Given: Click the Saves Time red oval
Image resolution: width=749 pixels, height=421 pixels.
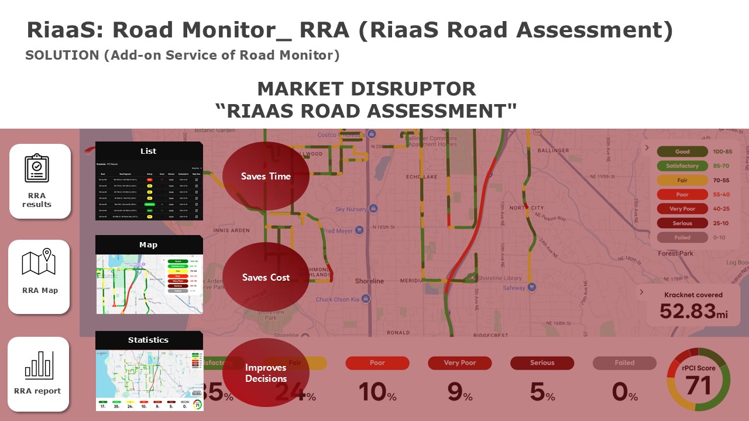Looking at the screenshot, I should pyautogui.click(x=266, y=176).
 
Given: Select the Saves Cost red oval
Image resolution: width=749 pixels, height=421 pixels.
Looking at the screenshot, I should pyautogui.click(x=266, y=277).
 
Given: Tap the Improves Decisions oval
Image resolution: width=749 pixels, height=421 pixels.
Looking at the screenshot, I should pyautogui.click(x=266, y=373).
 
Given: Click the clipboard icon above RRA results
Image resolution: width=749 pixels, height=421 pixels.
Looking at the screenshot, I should pyautogui.click(x=37, y=168).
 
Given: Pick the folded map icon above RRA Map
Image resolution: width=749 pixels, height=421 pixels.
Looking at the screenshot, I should pyautogui.click(x=38, y=263).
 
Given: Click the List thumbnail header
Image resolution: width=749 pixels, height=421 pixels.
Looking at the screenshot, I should pyautogui.click(x=149, y=151).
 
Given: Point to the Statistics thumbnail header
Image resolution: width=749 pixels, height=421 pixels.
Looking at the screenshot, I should pyautogui.click(x=149, y=340).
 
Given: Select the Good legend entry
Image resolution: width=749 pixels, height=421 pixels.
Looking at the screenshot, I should pyautogui.click(x=682, y=151).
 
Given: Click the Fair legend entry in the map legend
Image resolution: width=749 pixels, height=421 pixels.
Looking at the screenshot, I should pyautogui.click(x=682, y=180).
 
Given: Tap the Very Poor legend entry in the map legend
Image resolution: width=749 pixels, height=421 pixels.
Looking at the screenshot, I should pyautogui.click(x=682, y=209).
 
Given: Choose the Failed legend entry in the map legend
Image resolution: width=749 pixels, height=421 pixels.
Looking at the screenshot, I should pyautogui.click(x=682, y=237).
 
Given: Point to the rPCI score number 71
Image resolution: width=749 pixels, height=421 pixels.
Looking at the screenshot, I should pyautogui.click(x=698, y=385).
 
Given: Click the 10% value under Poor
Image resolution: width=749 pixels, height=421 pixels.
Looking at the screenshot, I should pyautogui.click(x=377, y=391).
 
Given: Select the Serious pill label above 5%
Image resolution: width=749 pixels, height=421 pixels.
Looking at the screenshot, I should pyautogui.click(x=542, y=363).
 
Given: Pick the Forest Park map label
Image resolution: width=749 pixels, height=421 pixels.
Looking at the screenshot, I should pyautogui.click(x=675, y=253).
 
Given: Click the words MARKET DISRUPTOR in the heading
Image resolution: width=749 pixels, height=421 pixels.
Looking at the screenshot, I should pyautogui.click(x=366, y=89).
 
